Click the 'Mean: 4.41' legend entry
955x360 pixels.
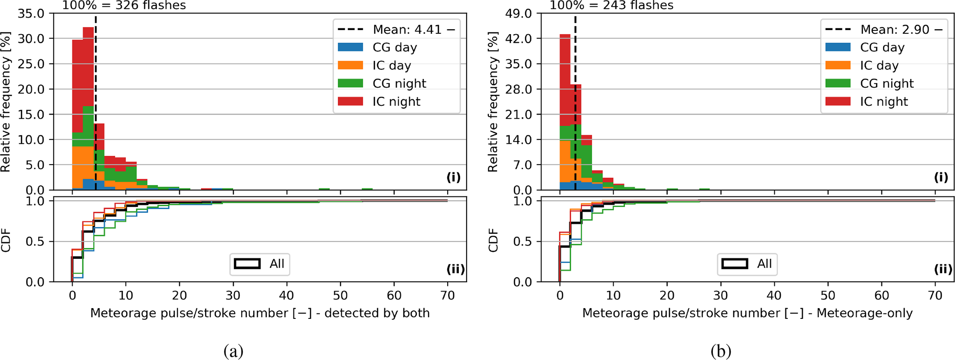396,30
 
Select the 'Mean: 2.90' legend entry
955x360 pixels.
883,30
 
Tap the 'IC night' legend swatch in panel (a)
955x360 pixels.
350,102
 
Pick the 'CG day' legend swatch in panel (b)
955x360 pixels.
838,48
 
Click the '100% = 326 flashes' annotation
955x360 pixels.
124,6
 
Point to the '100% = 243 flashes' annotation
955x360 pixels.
611,6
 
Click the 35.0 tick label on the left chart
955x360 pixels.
31,13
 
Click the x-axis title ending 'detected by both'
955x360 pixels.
260,313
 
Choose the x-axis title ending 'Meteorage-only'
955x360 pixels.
747,313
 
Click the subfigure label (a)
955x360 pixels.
233,351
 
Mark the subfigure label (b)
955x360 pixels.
721,351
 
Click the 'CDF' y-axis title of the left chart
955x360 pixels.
6,240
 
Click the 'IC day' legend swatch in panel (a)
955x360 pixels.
350,66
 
